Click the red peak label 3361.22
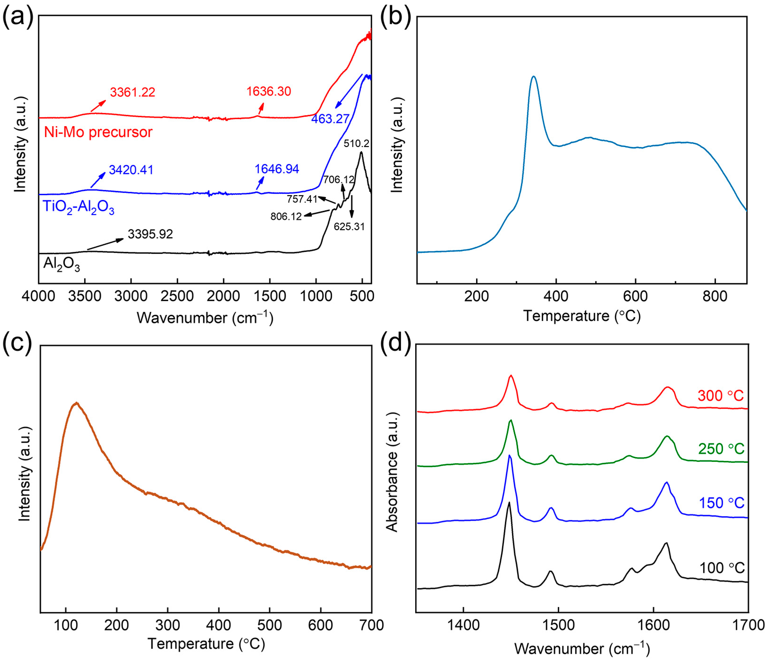132,92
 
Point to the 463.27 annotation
330,119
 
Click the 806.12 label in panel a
286,216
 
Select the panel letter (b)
396,17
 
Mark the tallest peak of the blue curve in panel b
534,77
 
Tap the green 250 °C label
721,449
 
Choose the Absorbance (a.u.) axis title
392,472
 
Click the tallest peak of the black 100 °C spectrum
509,502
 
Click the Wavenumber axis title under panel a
205,318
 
